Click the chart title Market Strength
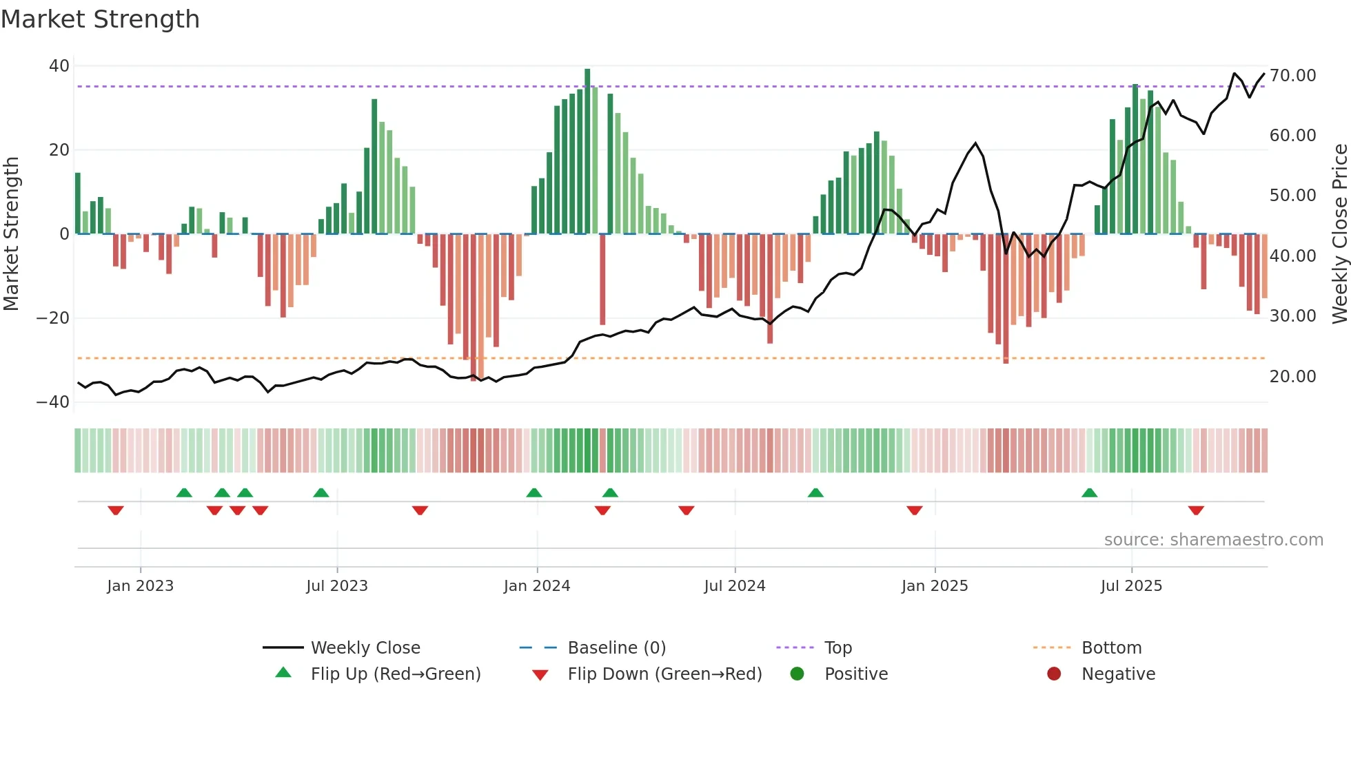click(100, 19)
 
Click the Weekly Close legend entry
click(365, 647)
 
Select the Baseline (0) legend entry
click(616, 647)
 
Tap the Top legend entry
click(837, 647)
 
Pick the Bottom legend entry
click(1111, 647)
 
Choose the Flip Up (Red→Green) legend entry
click(395, 674)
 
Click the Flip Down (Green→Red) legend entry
click(664, 674)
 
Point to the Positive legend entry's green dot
click(797, 674)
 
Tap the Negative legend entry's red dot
click(1054, 674)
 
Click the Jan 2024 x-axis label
click(537, 586)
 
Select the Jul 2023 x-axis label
click(337, 586)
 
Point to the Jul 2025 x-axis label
click(1131, 586)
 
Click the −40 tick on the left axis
click(53, 402)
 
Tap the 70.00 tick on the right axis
click(1292, 75)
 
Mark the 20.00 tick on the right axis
click(1292, 376)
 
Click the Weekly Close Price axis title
click(1339, 233)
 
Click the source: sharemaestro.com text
click(1213, 539)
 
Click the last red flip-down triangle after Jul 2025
click(1196, 510)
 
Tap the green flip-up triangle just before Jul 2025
click(1089, 492)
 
